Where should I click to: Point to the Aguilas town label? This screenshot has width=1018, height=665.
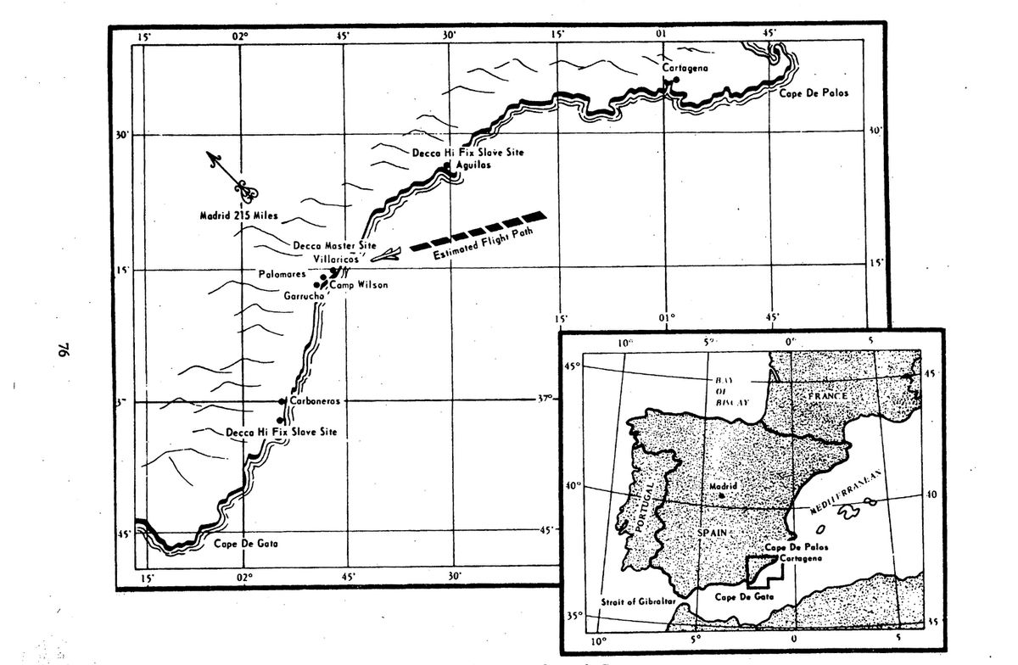pos(473,165)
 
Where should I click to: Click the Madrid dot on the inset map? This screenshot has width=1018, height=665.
pos(721,495)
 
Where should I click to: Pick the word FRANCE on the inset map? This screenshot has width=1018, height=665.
pos(829,396)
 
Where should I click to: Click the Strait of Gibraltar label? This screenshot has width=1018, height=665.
pos(637,601)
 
